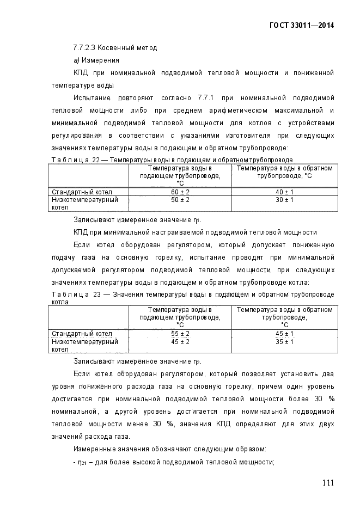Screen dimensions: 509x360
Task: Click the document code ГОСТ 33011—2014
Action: click(301, 25)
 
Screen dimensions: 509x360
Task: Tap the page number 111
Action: click(327, 483)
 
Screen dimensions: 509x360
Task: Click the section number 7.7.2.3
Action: click(86, 48)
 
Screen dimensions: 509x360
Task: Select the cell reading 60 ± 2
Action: click(180, 192)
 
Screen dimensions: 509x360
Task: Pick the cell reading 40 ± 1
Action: click(284, 192)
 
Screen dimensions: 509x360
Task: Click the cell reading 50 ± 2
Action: click(180, 200)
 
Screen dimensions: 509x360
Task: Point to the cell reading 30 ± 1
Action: click(284, 200)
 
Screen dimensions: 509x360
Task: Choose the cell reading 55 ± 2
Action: click(180, 334)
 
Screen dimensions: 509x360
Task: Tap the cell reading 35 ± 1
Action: click(284, 342)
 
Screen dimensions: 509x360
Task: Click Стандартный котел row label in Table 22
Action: click(82, 192)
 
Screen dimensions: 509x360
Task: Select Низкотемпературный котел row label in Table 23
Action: click(84, 345)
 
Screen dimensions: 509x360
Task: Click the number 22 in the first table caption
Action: click(95, 160)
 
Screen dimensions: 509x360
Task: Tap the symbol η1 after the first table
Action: click(197, 220)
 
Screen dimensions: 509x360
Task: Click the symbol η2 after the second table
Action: click(197, 362)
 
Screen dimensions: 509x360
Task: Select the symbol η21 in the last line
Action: click(81, 463)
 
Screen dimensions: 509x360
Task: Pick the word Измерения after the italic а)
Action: click(100, 60)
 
